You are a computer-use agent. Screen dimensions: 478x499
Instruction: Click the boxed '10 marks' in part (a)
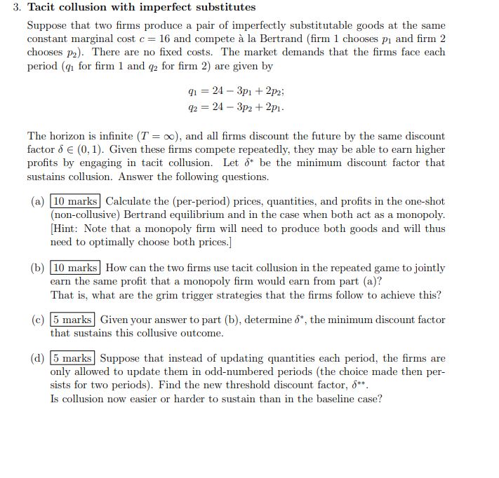(x=76, y=202)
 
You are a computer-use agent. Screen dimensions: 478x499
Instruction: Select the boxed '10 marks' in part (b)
(x=76, y=268)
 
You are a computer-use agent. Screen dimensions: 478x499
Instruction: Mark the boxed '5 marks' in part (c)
(x=73, y=320)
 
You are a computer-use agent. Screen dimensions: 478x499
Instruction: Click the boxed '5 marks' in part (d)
(x=73, y=358)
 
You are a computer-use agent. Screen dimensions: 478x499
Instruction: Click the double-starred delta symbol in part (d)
(x=360, y=384)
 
